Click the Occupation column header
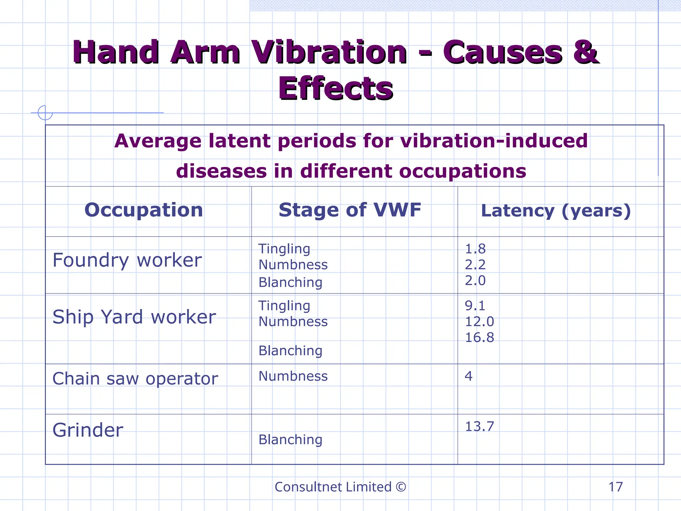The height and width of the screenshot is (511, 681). pos(144,210)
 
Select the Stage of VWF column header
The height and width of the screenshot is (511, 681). pos(350,210)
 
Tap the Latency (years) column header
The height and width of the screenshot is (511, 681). pos(556,211)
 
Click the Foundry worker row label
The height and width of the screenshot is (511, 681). pos(127,260)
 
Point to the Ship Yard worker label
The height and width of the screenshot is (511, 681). pos(134,317)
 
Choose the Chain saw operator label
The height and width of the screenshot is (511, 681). pos(135,379)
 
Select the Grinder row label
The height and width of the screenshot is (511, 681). pos(88,430)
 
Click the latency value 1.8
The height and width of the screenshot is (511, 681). pos(475,249)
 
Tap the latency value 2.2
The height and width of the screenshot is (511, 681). pos(475,265)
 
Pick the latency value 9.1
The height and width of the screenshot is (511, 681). pos(475,306)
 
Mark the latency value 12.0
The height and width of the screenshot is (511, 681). pos(479,322)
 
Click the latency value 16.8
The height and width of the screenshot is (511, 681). pos(479,338)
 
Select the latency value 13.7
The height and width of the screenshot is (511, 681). pos(479,426)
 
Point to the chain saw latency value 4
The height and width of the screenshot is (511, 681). pos(469,376)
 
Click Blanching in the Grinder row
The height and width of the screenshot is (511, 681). pos(290,440)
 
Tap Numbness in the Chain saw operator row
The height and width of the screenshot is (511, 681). pos(293,376)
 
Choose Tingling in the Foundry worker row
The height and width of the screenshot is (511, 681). pos(284,249)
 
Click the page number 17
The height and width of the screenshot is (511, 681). pos(615,487)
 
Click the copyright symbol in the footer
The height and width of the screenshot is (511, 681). pos(401,487)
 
